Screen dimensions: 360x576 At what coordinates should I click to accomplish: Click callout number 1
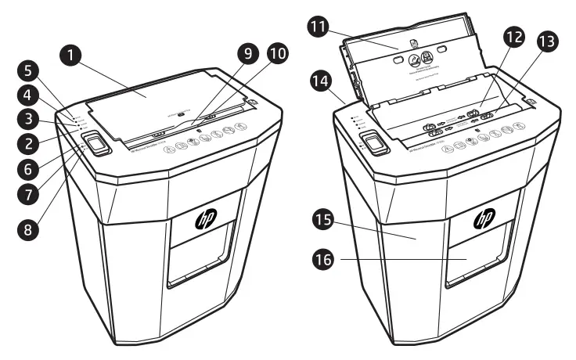coord(73,55)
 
